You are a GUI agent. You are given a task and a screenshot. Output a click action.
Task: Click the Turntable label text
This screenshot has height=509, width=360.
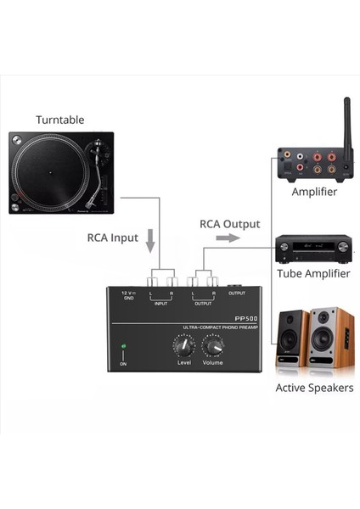pyautogui.click(x=59, y=120)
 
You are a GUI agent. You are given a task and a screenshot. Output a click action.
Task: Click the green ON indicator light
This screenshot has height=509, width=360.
pyautogui.click(x=124, y=347)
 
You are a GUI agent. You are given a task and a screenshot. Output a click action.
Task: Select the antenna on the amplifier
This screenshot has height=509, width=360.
pyautogui.click(x=346, y=123)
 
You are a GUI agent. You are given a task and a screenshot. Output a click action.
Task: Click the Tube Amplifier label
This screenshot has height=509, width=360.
pyautogui.click(x=313, y=274)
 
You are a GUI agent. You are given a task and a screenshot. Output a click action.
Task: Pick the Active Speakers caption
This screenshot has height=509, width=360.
pyautogui.click(x=314, y=388)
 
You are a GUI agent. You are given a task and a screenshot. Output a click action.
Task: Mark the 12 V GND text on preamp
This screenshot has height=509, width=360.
pyautogui.click(x=128, y=296)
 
